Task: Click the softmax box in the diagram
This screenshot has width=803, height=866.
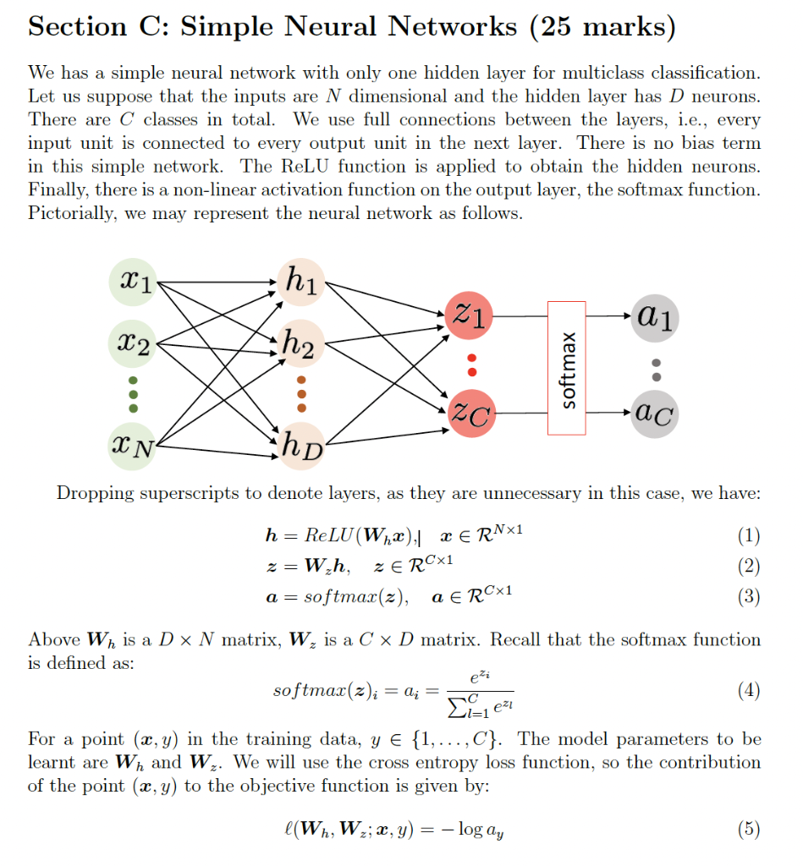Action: tap(566, 367)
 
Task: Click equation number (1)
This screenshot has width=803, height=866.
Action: tap(749, 535)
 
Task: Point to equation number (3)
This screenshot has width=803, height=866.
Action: tap(749, 596)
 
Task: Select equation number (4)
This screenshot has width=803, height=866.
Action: tap(749, 690)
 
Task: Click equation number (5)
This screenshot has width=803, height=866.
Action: tap(749, 830)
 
